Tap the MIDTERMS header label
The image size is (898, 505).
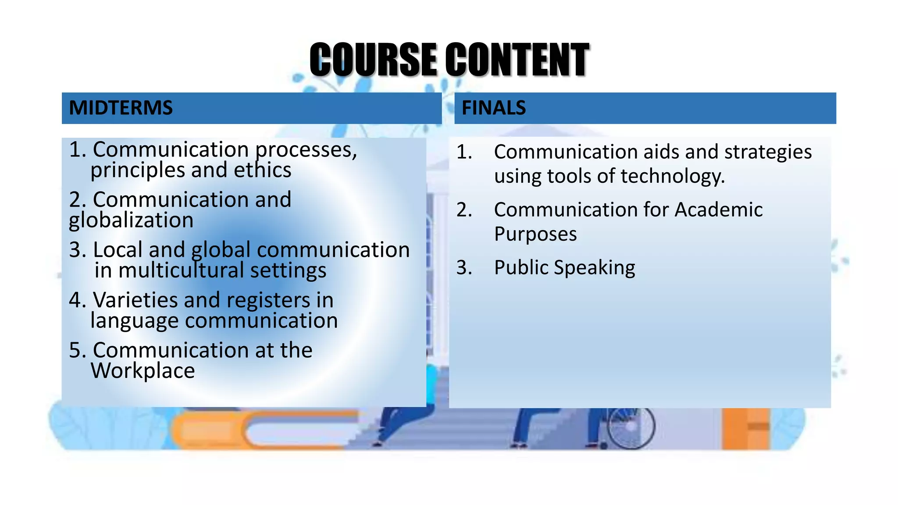pos(121,108)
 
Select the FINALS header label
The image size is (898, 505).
pos(494,108)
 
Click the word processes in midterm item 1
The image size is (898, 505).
pos(306,150)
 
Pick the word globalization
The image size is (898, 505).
pos(131,220)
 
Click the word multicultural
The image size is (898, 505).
pos(181,270)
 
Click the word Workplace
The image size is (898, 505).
pos(143,371)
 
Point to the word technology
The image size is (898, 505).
pos(673,176)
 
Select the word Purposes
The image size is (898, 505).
pos(535,235)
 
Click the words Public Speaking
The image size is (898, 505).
pos(564,268)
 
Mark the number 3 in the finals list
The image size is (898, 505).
pos(463,267)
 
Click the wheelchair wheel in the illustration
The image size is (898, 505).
pos(631,427)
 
